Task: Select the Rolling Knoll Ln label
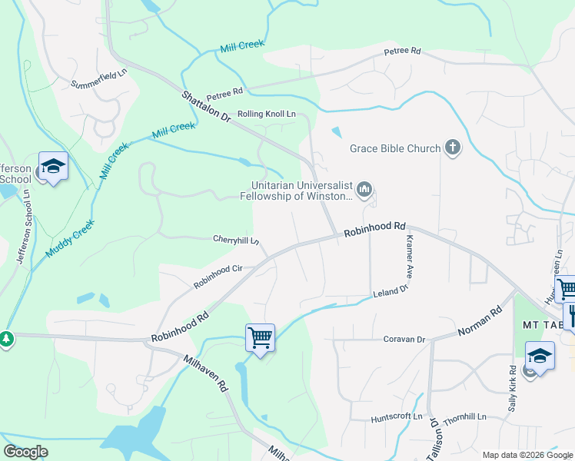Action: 266,114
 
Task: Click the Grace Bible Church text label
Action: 395,148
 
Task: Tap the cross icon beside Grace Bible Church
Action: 453,148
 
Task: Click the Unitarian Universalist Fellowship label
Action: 304,190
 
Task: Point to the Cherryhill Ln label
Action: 236,240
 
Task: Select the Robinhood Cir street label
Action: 218,277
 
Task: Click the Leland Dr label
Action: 390,293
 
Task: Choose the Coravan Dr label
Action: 404,339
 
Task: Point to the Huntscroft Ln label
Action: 397,418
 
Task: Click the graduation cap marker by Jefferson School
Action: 54,166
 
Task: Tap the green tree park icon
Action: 6,339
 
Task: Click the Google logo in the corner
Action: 26,452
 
